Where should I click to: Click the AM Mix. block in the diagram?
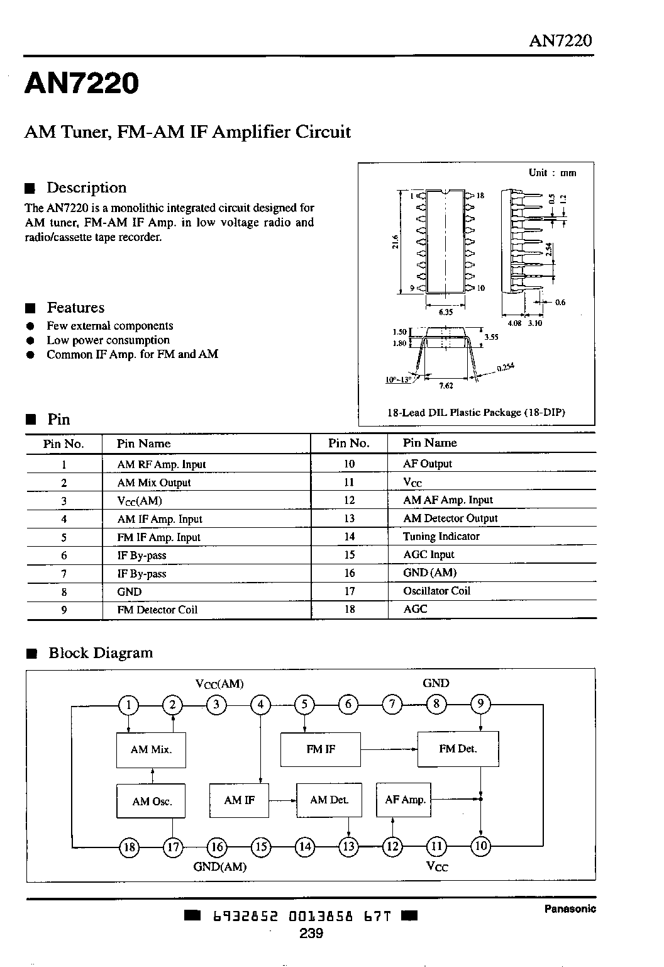click(x=151, y=750)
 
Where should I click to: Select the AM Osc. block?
click(x=151, y=802)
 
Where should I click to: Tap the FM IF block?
click(x=321, y=749)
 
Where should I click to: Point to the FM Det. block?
click(x=458, y=749)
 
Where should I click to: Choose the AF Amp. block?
click(x=404, y=800)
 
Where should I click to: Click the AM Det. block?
click(x=329, y=800)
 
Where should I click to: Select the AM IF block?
click(x=239, y=800)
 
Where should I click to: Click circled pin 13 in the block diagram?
click(x=348, y=846)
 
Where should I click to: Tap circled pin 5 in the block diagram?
click(x=304, y=705)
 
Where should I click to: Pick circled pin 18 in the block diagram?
click(x=129, y=847)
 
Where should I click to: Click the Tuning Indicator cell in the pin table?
click(x=441, y=536)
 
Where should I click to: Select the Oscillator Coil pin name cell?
click(x=436, y=591)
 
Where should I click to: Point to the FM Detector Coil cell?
click(x=157, y=610)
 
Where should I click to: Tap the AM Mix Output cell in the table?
click(x=153, y=483)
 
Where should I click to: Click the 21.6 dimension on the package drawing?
click(x=395, y=242)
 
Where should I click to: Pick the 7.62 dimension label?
click(x=446, y=386)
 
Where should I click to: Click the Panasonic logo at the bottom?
click(x=570, y=908)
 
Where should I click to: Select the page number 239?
click(x=311, y=933)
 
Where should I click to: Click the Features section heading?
click(x=75, y=308)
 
